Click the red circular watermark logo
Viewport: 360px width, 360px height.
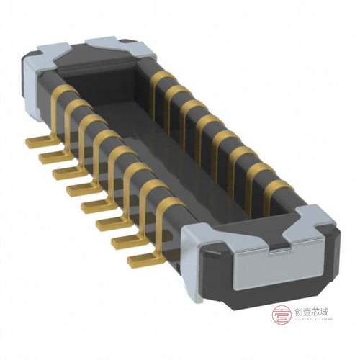[281, 314]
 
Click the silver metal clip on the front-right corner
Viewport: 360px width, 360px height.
[306, 216]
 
